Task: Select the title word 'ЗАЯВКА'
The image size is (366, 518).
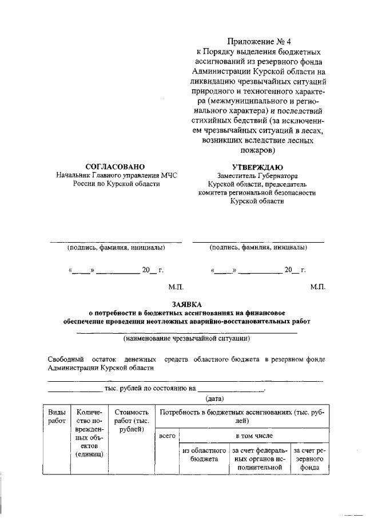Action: (x=186, y=303)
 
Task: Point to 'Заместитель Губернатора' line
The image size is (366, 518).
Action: (x=258, y=176)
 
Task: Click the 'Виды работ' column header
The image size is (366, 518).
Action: (x=57, y=416)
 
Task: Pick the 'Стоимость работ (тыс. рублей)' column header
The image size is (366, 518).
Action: (x=132, y=420)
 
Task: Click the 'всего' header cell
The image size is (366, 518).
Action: (x=166, y=436)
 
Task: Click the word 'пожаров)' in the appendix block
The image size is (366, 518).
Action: (x=258, y=151)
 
